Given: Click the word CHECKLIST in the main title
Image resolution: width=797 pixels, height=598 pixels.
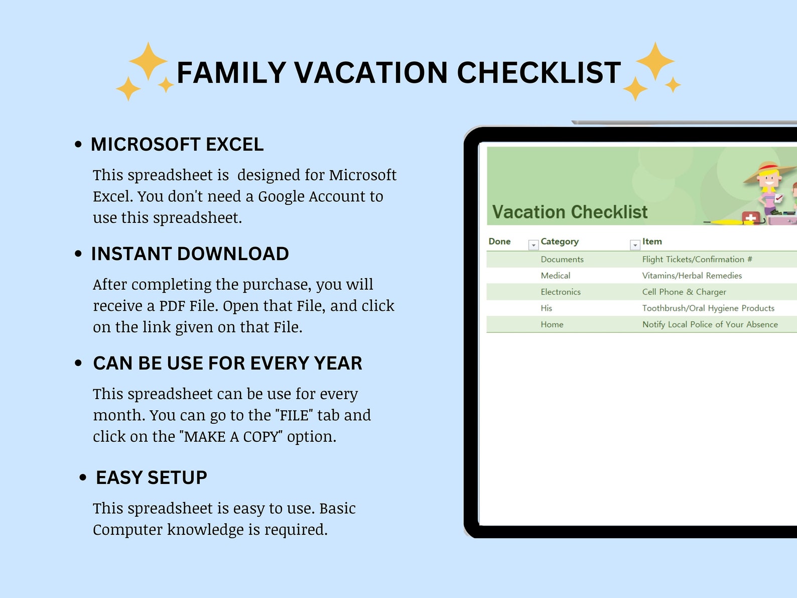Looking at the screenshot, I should coord(539,73).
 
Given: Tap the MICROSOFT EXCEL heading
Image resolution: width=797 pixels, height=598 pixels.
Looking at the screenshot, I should coord(177,145).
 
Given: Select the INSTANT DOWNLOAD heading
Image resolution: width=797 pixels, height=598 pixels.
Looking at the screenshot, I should coord(190,254).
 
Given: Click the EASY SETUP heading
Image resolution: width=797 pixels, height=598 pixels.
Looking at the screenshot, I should coord(151,477).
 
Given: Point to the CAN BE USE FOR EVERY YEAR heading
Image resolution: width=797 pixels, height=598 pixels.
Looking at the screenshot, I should coord(227,364).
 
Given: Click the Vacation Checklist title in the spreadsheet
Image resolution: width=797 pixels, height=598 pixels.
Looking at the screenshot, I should coord(570,212).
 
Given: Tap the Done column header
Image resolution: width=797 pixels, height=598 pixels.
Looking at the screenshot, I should coord(499,242).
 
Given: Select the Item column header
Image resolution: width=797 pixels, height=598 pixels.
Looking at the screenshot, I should coord(652,242).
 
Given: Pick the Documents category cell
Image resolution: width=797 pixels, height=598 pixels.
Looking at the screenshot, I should coord(562,260).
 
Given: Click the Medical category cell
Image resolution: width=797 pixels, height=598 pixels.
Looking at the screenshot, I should coord(555,276).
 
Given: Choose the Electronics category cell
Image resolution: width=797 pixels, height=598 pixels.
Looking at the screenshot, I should coord(561,292).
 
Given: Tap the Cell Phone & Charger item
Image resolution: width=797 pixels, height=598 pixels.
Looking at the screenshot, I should coord(684,292).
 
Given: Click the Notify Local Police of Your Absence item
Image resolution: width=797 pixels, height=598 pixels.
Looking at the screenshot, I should coord(710,325).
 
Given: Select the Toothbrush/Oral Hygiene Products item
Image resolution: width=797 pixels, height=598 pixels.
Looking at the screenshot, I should coord(708,308).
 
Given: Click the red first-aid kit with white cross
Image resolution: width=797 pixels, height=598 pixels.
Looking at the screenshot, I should coord(751,218).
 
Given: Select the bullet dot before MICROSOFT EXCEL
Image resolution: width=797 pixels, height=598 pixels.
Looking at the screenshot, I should coord(78,145).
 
